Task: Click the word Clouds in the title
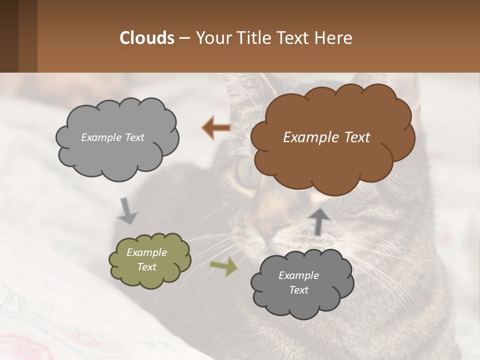147,38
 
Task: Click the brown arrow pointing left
216,128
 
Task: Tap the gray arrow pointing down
127,210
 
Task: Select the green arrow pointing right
223,266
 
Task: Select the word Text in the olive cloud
147,267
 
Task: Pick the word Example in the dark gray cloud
298,275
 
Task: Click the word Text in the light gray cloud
134,137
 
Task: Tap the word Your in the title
211,38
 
